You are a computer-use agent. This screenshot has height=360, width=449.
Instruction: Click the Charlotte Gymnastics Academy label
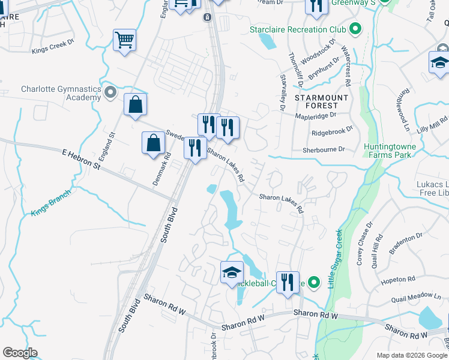pyautogui.click(x=60, y=93)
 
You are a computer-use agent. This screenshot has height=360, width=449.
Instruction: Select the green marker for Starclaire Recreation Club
pyautogui.click(x=355, y=28)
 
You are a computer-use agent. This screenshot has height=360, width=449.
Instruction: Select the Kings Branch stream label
pyautogui.click(x=50, y=203)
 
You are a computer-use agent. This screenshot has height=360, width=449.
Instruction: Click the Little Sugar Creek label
pyautogui.click(x=335, y=258)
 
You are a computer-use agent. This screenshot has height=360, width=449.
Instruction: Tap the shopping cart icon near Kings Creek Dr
pyautogui.click(x=125, y=40)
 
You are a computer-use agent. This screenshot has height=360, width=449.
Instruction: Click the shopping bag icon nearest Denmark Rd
pyautogui.click(x=154, y=143)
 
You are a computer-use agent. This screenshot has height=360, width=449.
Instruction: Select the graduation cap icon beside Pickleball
pyautogui.click(x=232, y=272)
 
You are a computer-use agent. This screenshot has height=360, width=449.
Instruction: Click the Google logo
pyautogui.click(x=20, y=353)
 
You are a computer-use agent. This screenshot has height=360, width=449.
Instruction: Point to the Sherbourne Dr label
pyautogui.click(x=325, y=149)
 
